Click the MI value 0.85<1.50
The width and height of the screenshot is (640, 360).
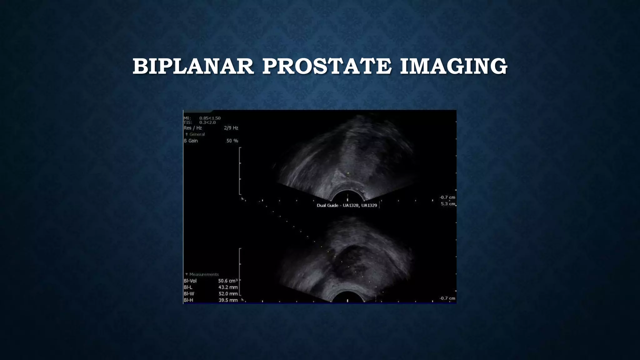coord(210,118)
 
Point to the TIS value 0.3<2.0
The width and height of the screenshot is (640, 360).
coord(207,122)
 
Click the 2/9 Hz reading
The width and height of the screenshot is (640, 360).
coord(231,128)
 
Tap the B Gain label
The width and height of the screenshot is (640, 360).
coord(191,141)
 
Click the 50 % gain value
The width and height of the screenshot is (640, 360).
coord(232,141)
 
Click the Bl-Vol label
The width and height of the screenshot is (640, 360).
coord(190,281)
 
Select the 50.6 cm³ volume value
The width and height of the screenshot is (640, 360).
coord(228,281)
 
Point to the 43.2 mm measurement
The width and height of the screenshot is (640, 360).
coord(228,287)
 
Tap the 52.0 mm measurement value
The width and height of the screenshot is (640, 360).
coord(228,294)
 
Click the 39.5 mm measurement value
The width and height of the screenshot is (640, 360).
coord(228,300)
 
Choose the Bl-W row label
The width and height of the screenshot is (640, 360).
coord(189,294)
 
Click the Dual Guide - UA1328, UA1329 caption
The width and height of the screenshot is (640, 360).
coord(347,206)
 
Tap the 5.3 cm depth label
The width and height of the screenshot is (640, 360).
coord(447,204)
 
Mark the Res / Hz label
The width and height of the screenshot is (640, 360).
coord(192,128)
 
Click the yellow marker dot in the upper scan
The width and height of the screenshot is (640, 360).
coord(348,173)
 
